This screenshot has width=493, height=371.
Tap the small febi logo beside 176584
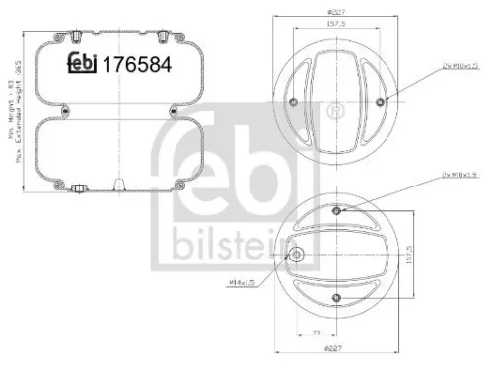[x=81, y=65]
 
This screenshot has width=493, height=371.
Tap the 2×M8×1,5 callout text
[x=434, y=175]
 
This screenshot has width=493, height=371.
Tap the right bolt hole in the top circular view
[x=380, y=102]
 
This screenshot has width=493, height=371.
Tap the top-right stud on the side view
[x=159, y=37]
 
